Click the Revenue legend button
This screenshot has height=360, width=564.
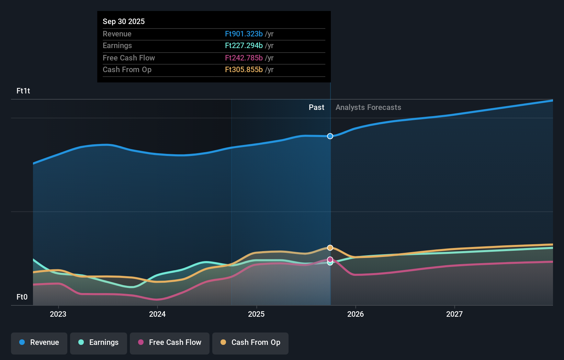(x=39, y=343)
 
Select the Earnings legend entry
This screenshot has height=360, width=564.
(x=99, y=343)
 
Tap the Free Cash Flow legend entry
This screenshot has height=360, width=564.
(x=170, y=343)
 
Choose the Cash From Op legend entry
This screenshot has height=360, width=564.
(x=250, y=343)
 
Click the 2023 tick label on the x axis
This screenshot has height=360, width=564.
(x=58, y=314)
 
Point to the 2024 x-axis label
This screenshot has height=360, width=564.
(x=157, y=314)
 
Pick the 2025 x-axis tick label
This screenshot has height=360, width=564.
(x=256, y=314)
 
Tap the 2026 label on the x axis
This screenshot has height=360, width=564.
(x=356, y=314)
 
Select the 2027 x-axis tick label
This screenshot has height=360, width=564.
(x=454, y=314)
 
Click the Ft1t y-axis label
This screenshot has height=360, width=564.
(x=23, y=91)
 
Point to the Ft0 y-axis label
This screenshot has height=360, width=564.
(x=22, y=297)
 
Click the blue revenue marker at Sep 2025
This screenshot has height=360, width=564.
(x=330, y=136)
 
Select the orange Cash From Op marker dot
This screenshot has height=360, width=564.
(x=330, y=248)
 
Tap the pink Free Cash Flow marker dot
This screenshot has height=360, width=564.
(x=330, y=259)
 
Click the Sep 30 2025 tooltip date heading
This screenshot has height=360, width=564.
(x=124, y=21)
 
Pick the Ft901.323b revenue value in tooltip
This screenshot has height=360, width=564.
(x=244, y=34)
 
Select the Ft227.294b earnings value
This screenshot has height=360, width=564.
(x=244, y=46)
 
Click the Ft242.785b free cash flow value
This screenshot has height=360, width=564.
(x=244, y=58)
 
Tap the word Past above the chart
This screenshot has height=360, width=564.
(x=316, y=108)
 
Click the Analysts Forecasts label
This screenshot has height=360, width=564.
(x=368, y=108)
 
